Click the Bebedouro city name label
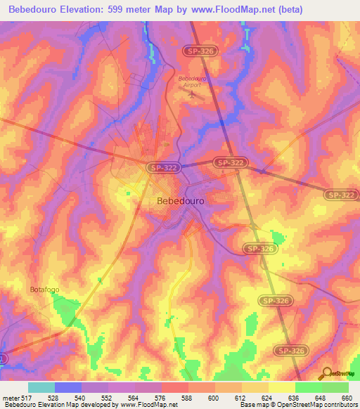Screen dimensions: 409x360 click(x=178, y=201)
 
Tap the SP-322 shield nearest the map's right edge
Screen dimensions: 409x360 click(x=340, y=194)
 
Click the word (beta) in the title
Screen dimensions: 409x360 click(x=335, y=10)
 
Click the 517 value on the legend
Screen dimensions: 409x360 click(x=25, y=397)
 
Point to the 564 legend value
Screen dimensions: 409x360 click(x=134, y=397)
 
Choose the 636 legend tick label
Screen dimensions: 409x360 click(x=295, y=397)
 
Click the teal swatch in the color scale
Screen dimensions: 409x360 click(x=41, y=387)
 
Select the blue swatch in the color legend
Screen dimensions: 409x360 click(x=68, y=387)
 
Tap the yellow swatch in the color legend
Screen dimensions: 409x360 click(x=281, y=387)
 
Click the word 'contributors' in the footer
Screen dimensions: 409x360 click(x=335, y=405)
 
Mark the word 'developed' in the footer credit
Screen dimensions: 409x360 click(x=91, y=405)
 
